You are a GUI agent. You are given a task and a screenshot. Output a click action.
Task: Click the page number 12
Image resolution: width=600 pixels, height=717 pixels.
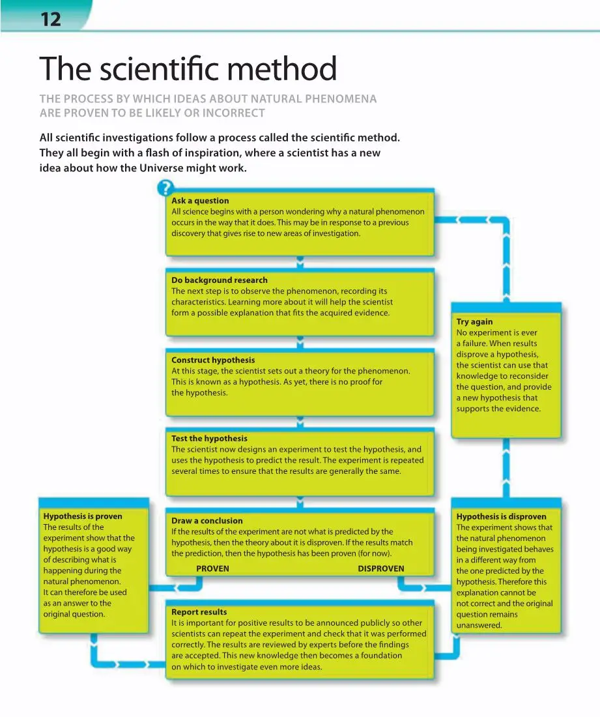click(x=50, y=20)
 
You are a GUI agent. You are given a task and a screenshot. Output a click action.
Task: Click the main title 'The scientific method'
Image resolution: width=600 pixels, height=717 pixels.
click(x=188, y=69)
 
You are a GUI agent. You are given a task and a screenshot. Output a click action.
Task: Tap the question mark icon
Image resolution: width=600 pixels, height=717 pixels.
click(x=165, y=190)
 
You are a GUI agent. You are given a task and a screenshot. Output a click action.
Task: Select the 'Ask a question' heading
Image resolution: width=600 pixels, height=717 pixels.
click(x=200, y=201)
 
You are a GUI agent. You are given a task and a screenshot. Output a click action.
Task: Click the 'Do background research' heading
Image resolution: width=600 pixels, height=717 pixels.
click(x=219, y=280)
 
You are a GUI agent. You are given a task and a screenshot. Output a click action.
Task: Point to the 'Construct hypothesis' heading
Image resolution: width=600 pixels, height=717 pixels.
click(x=213, y=360)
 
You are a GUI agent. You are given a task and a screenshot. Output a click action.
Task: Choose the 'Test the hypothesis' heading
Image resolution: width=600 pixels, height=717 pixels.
click(x=209, y=439)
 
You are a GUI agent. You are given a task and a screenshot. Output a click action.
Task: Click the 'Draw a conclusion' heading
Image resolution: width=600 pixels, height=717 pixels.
click(x=207, y=521)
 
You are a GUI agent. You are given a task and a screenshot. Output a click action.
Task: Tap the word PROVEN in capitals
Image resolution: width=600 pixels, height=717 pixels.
click(x=212, y=568)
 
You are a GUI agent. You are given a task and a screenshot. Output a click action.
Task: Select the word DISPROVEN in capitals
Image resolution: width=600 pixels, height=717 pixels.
click(x=380, y=568)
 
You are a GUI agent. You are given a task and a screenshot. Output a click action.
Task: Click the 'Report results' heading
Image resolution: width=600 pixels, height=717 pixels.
click(x=199, y=612)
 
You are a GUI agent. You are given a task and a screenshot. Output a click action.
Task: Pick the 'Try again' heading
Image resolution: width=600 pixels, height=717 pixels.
click(x=474, y=321)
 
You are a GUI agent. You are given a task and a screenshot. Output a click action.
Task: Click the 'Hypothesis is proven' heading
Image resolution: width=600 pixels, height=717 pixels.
click(x=82, y=516)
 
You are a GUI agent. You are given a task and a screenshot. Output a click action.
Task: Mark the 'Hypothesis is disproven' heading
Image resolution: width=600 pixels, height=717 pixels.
click(x=501, y=517)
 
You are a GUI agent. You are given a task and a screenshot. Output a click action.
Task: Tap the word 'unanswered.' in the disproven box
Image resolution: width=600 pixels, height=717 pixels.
click(x=479, y=625)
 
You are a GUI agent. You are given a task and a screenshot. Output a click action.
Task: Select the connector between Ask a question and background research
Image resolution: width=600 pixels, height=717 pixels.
click(x=300, y=262)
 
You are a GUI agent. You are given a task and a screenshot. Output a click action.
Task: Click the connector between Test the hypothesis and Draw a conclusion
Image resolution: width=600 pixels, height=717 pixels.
click(x=300, y=501)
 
